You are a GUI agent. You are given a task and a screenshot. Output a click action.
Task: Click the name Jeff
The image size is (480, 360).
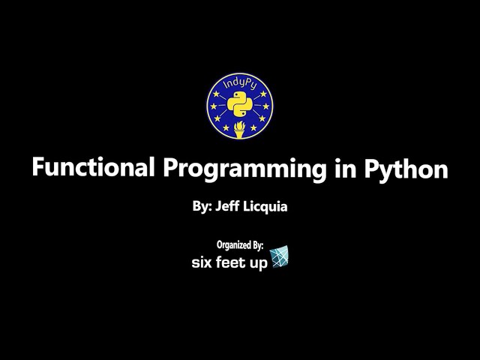(228, 206)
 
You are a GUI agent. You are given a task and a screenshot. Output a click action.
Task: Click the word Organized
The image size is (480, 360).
(232, 244)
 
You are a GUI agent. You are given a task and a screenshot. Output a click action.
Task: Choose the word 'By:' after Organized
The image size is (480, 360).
(256, 244)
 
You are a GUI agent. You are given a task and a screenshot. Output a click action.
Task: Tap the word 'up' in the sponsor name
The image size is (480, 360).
(259, 264)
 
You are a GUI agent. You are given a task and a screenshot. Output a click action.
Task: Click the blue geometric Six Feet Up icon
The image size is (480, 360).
(280, 256)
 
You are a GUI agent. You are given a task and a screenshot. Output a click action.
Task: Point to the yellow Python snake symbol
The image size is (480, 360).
(240, 104)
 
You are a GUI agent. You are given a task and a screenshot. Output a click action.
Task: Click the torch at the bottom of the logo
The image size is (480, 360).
(240, 128)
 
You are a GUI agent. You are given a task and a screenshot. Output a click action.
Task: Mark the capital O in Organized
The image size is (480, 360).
(219, 244)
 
